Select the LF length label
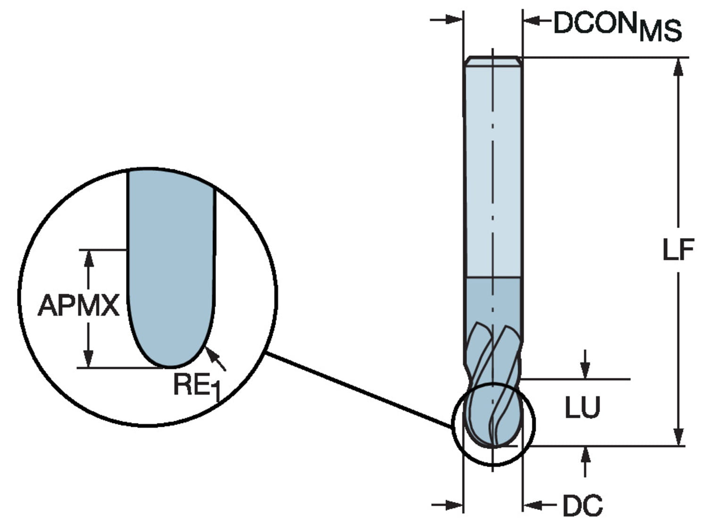678,250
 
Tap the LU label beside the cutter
582,408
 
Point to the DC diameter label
582,505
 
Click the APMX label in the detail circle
78,306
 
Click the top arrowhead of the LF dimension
678,66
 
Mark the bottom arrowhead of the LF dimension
678,437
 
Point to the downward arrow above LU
585,371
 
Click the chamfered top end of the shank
493,61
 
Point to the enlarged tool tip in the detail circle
171,283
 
